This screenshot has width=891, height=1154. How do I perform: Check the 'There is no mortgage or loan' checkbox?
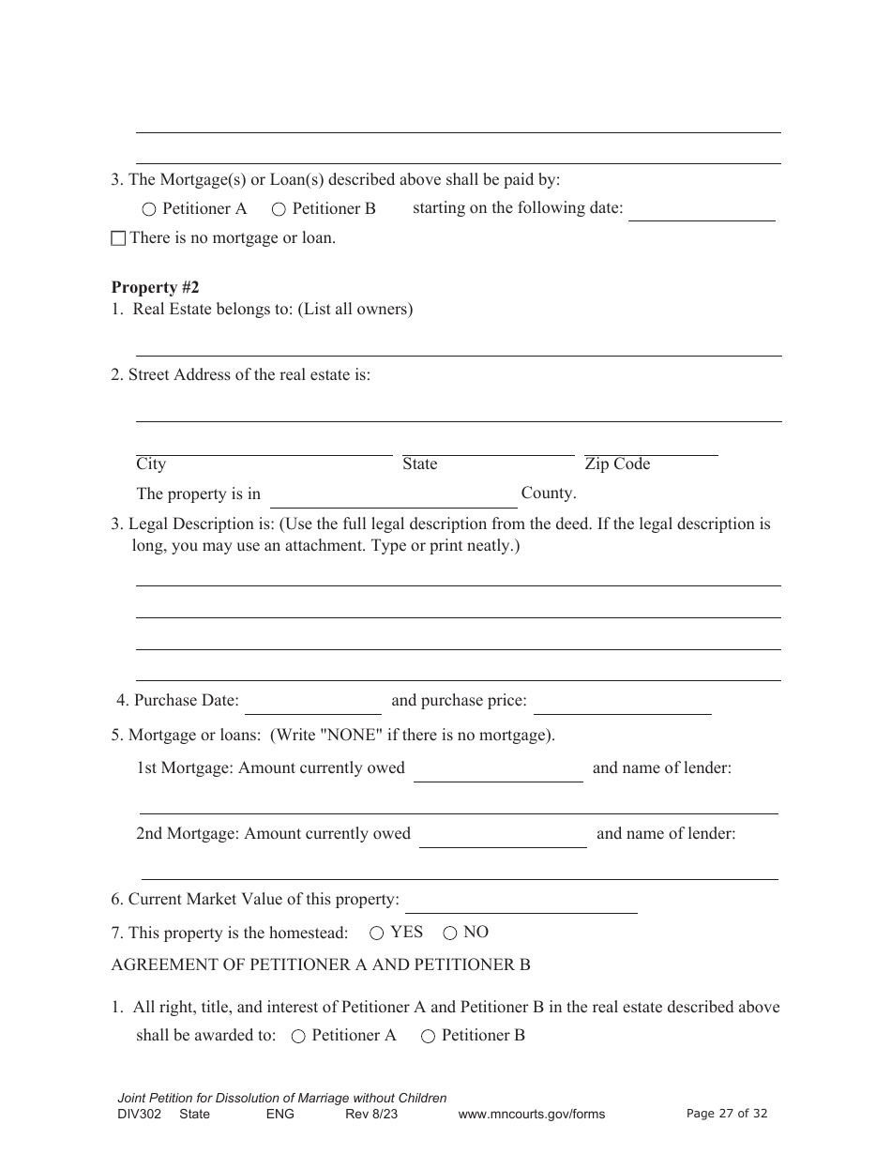click(x=118, y=238)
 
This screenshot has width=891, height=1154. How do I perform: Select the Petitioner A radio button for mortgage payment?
click(x=149, y=209)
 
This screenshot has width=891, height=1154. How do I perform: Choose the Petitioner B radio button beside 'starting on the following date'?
click(x=279, y=209)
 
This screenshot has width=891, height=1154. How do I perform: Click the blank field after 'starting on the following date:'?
click(x=701, y=210)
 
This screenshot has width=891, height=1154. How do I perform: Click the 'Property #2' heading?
click(x=155, y=287)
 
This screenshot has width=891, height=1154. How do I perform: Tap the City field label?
click(x=151, y=463)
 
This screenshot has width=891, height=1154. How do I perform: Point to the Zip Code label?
click(x=617, y=463)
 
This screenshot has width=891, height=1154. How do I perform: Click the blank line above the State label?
click(x=488, y=447)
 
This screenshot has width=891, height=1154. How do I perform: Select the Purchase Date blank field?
click(x=312, y=703)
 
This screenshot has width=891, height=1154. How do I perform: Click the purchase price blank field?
click(x=622, y=703)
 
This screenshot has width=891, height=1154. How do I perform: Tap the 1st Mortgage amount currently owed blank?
click(x=498, y=770)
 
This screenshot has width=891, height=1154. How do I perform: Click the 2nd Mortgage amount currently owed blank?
click(x=503, y=836)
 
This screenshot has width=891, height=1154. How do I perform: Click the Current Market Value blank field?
click(x=521, y=902)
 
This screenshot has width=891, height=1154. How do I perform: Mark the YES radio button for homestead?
click(x=377, y=933)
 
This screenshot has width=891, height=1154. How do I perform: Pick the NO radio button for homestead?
click(x=450, y=933)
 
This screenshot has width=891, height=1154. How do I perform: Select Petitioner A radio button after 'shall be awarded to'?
click(x=298, y=1036)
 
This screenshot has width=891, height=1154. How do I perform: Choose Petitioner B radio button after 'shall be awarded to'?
click(x=428, y=1036)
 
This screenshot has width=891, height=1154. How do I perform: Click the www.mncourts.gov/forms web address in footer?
click(x=531, y=1114)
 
